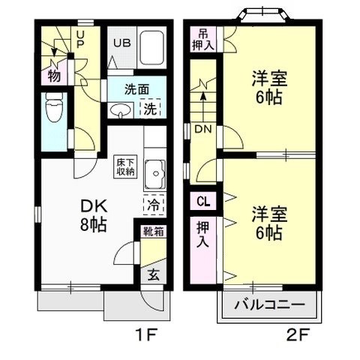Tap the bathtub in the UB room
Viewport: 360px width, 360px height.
point(152,49)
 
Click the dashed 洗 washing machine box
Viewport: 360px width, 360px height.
point(151,108)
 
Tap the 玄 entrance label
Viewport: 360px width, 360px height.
point(152,274)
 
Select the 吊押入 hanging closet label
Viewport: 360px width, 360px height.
point(205,38)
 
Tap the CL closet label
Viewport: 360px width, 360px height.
point(202,200)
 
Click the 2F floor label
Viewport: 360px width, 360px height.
point(298,334)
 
